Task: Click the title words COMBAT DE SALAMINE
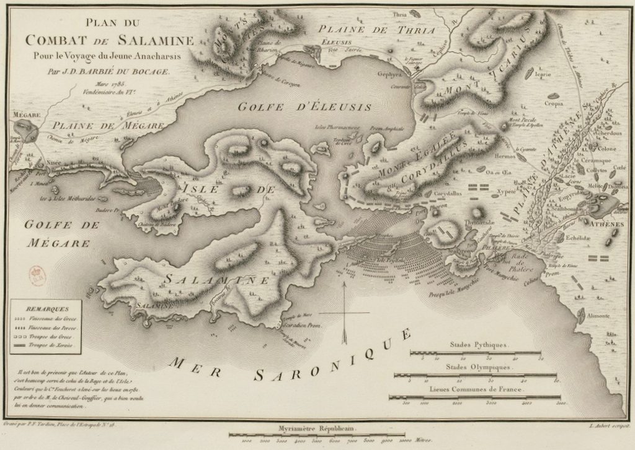(x=109, y=40)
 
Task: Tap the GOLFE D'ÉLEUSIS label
(x=305, y=106)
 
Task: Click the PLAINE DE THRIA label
(x=376, y=29)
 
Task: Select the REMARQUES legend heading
(x=45, y=307)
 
